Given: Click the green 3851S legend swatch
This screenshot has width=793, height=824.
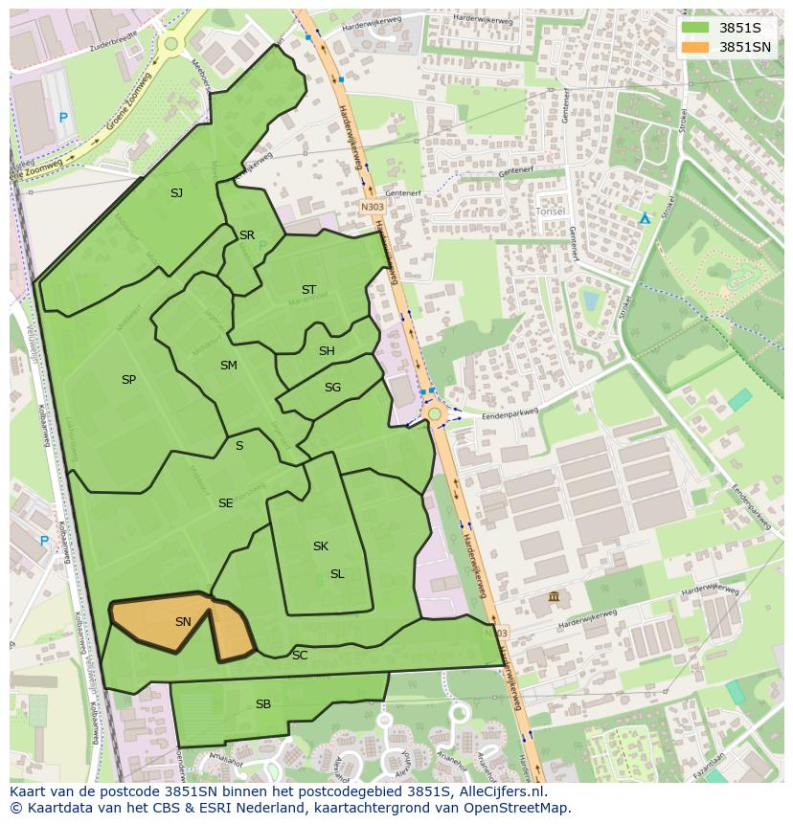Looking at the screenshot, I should (x=695, y=28).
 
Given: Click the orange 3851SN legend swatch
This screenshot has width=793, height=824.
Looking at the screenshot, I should (x=695, y=47).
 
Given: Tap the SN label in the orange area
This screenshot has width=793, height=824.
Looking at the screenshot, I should (x=183, y=622).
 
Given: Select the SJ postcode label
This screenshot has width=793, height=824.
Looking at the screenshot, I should (x=176, y=193).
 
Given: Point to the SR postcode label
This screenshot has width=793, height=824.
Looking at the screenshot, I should (x=247, y=235).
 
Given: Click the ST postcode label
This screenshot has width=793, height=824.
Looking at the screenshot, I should (x=308, y=290).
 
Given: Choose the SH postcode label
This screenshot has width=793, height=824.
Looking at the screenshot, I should (x=327, y=351).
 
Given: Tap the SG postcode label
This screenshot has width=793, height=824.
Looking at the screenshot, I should (x=332, y=388).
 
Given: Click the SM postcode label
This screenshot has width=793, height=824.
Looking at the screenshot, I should (x=228, y=366).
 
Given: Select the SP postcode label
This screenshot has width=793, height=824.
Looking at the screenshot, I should (x=128, y=380).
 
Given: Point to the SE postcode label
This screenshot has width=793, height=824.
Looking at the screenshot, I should (x=225, y=503).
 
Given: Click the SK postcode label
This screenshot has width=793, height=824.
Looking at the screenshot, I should (x=321, y=546).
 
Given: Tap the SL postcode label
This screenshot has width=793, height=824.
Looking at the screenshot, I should (x=337, y=574).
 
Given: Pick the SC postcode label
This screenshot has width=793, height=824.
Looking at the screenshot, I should (x=300, y=656).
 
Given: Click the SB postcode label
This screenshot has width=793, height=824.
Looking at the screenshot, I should (x=263, y=704).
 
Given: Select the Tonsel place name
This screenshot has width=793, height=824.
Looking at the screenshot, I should (x=550, y=211).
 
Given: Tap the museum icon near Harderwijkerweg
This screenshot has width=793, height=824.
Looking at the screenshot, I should (x=554, y=598).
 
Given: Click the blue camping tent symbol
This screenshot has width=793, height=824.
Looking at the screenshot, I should (x=645, y=218).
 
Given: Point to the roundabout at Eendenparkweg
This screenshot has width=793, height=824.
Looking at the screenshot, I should (x=435, y=413).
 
